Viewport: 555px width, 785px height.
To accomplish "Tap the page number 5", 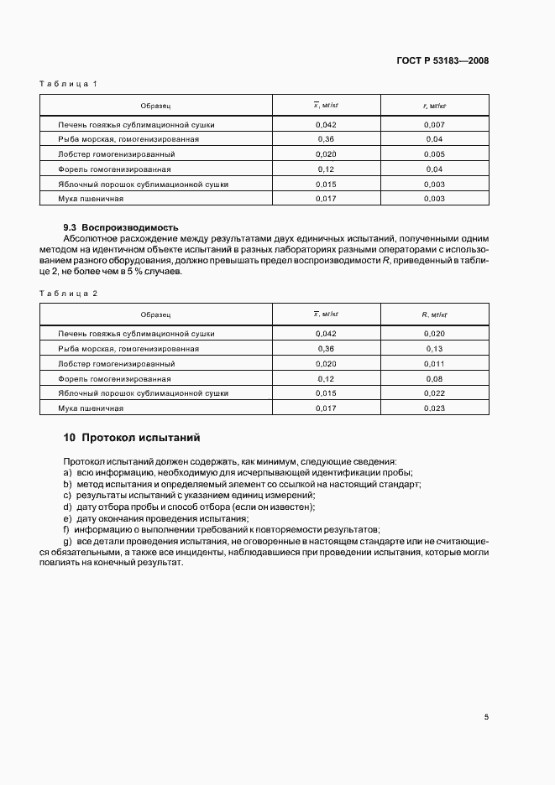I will coord(486,716).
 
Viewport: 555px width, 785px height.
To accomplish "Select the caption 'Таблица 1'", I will coord(69,83).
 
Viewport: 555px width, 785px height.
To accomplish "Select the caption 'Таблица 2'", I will coord(69,293).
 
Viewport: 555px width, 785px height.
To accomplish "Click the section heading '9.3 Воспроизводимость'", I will coord(121,227).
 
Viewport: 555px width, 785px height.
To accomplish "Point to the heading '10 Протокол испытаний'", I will coord(132,437).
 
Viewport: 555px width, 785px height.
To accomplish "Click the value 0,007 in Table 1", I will coord(434,124).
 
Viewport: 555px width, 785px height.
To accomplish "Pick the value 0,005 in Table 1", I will coord(434,154).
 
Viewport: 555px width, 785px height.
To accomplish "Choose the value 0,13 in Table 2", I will coord(434,348).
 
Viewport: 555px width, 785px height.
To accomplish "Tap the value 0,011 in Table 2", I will coord(434,363).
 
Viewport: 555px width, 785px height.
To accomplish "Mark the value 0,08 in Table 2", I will coord(434,378).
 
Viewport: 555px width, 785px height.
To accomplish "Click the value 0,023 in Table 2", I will coord(434,408).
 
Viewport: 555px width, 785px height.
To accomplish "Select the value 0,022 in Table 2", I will coord(434,392).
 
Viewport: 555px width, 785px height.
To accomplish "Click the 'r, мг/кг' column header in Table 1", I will coord(434,106).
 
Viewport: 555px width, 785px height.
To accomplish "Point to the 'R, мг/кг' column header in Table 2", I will coord(434,315).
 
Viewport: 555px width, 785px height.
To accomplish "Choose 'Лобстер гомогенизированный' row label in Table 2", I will coord(117,363).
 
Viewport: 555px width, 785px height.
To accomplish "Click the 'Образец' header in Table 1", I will coord(156,106).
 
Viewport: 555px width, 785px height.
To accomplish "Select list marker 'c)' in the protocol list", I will coord(67,496).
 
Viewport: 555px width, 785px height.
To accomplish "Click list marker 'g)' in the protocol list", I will coord(67,542).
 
